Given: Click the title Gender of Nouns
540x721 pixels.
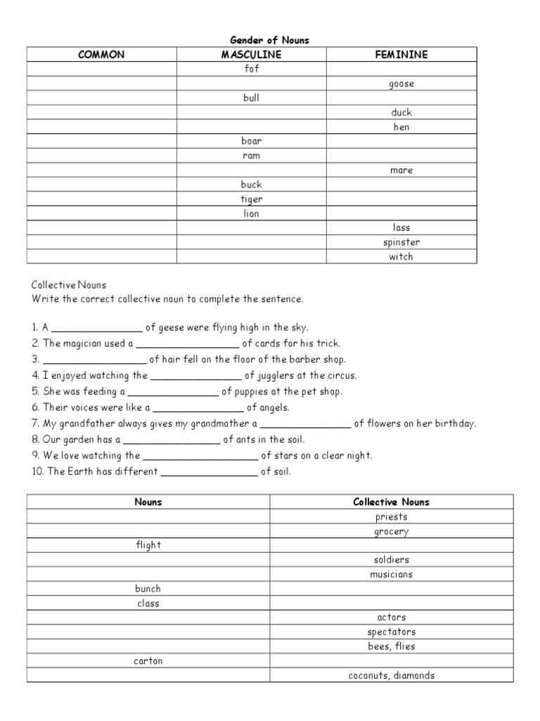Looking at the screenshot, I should tap(271, 40).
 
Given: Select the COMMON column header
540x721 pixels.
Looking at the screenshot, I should tap(102, 54).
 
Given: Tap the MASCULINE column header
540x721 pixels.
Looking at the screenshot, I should tap(251, 54).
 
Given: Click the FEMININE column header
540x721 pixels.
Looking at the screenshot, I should tap(401, 54).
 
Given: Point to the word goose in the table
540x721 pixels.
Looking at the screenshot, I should tap(401, 84).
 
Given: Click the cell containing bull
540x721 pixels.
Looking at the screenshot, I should tap(251, 98).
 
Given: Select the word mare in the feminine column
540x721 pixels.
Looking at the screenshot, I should tap(401, 170).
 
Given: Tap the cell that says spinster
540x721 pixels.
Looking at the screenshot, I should tap(401, 242).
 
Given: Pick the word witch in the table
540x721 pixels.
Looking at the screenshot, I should tap(401, 257).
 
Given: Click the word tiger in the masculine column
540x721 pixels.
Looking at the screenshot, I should tap(251, 199).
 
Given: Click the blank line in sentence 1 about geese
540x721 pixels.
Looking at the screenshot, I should tap(97, 328).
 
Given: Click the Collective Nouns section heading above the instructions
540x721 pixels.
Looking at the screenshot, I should tap(68, 285).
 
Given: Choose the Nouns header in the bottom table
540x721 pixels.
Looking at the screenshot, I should tap(148, 502).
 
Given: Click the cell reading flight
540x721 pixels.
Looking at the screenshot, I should tap(148, 545).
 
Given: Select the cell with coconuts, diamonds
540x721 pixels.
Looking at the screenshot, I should tap(392, 676).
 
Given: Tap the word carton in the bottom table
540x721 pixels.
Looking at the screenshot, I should tap(148, 661).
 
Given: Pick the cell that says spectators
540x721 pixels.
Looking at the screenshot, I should tap(392, 632).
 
